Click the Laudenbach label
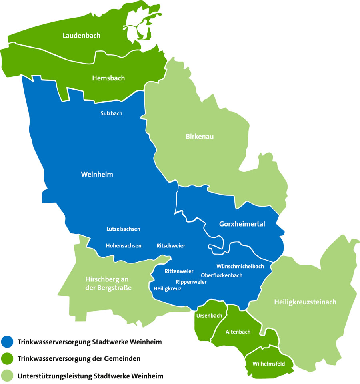tap(81, 36)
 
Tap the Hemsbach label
tap(108, 78)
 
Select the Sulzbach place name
tap(111, 113)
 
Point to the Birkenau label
tap(200, 137)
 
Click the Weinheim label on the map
tap(97, 175)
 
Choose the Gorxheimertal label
tap(242, 224)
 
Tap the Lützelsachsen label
tap(123, 229)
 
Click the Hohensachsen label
tap(124, 246)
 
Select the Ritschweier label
tap(171, 246)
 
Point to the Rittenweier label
tap(179, 271)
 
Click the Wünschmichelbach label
tap(240, 266)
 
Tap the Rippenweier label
tap(191, 282)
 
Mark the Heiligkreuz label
tap(168, 288)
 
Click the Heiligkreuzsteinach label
tap(305, 302)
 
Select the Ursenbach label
tap(209, 316)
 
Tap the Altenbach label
tap(238, 332)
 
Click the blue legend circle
tap(7, 342)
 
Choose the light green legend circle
tap(7, 376)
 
